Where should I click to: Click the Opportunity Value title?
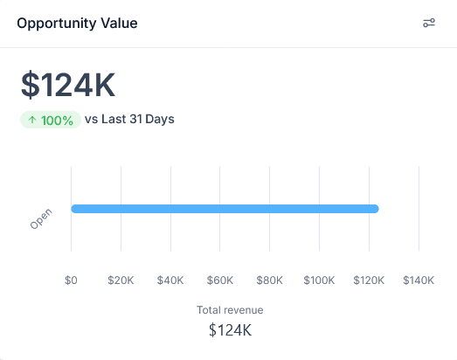point(77,24)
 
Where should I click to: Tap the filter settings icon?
point(429,23)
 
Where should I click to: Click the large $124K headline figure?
point(68,85)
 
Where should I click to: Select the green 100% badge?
point(51,120)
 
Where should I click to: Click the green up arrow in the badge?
point(32,120)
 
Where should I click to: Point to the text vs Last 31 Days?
point(129,119)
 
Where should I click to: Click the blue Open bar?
point(225,209)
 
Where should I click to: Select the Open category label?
point(41,218)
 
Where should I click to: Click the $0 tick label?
point(71,280)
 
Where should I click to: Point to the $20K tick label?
point(121,280)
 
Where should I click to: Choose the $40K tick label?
point(170,280)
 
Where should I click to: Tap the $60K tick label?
point(219,280)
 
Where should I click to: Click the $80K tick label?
point(269,280)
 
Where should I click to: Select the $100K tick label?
point(319,280)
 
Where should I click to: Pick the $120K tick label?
point(369,280)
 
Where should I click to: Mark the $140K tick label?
point(419,280)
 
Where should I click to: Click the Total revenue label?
point(230,310)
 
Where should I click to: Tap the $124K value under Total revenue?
point(230,330)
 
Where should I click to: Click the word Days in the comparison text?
point(160,119)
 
